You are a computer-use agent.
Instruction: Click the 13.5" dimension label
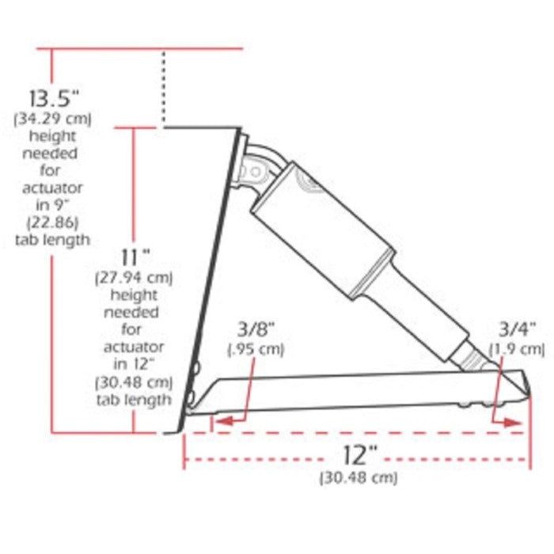click(x=55, y=100)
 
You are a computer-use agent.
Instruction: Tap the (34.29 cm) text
click(x=53, y=120)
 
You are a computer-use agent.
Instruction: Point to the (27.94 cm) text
click(x=134, y=278)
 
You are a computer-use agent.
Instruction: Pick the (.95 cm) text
click(x=256, y=348)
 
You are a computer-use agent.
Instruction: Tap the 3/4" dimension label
click(x=516, y=329)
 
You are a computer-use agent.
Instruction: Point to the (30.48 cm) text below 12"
click(x=359, y=478)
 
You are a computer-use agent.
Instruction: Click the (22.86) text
click(x=53, y=222)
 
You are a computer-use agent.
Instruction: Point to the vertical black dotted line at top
click(x=163, y=87)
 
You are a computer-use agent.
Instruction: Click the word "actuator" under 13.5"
click(x=53, y=188)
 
